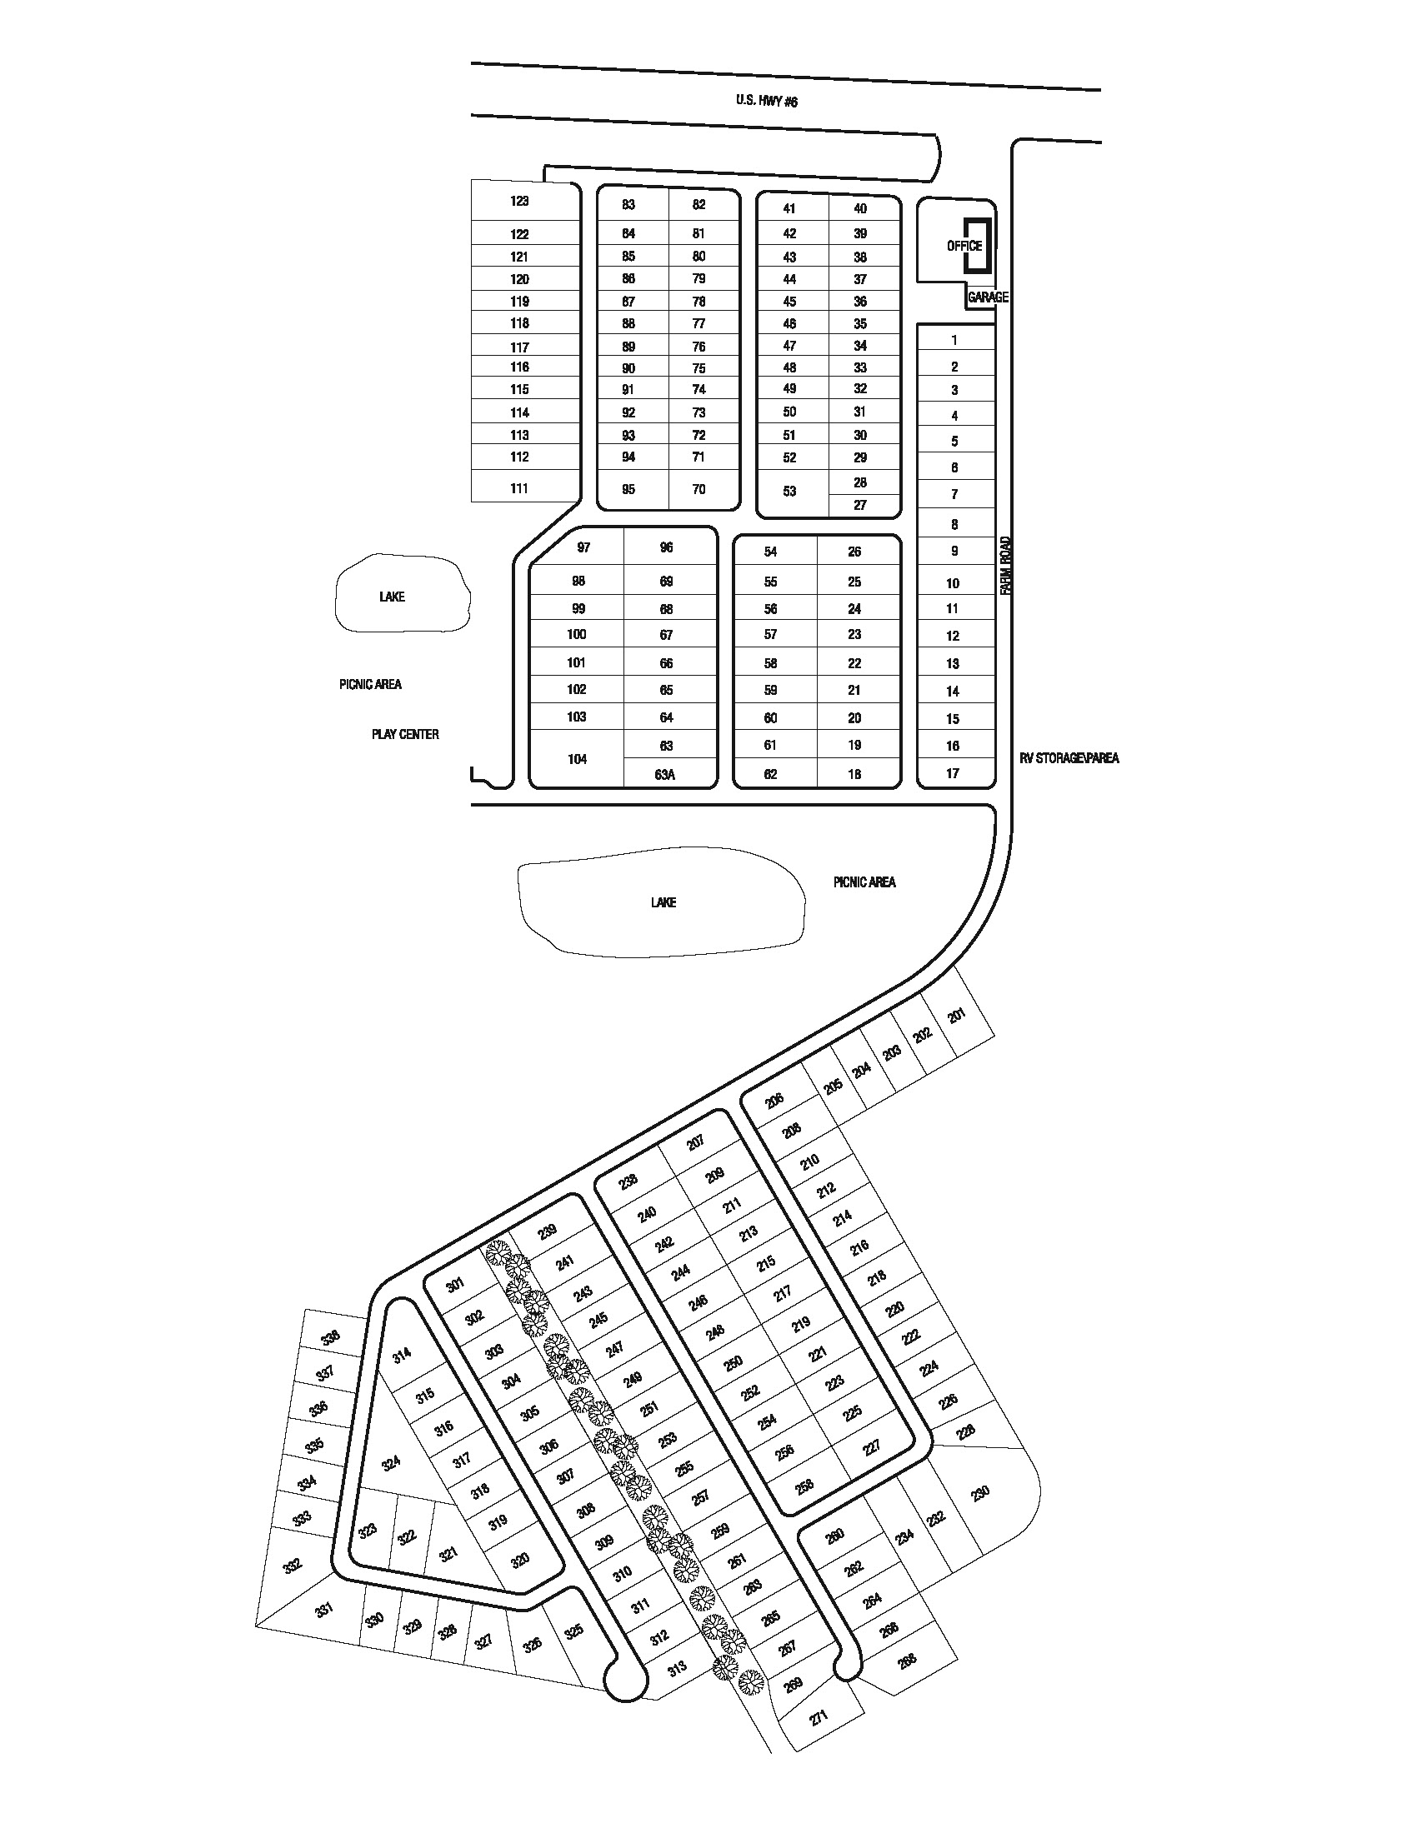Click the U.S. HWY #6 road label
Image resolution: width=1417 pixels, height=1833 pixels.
[x=765, y=101]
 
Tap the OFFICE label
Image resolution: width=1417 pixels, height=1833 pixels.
[x=964, y=246]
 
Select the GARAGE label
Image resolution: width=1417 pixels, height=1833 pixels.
[x=987, y=297]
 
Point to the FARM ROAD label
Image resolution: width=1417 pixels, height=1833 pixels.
[x=1007, y=567]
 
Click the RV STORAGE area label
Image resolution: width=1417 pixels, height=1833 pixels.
[x=1069, y=758]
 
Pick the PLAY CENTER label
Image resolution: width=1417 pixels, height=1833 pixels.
[x=404, y=734]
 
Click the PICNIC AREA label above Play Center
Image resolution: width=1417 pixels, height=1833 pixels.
[x=370, y=684]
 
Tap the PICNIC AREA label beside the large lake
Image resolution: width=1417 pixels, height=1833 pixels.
[x=864, y=882]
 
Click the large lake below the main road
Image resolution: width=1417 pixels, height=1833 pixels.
[x=663, y=902]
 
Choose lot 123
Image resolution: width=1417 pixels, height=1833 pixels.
[x=519, y=202]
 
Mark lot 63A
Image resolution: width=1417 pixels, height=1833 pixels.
[x=664, y=775]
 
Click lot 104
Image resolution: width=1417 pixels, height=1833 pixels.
[x=577, y=760]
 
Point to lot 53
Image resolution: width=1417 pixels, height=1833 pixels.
[x=789, y=491]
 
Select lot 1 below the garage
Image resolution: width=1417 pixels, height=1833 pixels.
[x=954, y=340]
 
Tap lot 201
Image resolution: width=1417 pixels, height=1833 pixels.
[x=956, y=1016]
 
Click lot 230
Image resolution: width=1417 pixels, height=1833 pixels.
[x=979, y=1492]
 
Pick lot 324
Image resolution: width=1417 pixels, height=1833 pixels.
[x=390, y=1464]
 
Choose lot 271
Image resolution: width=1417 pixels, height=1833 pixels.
[x=819, y=1716]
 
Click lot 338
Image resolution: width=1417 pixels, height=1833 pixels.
[x=331, y=1337]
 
